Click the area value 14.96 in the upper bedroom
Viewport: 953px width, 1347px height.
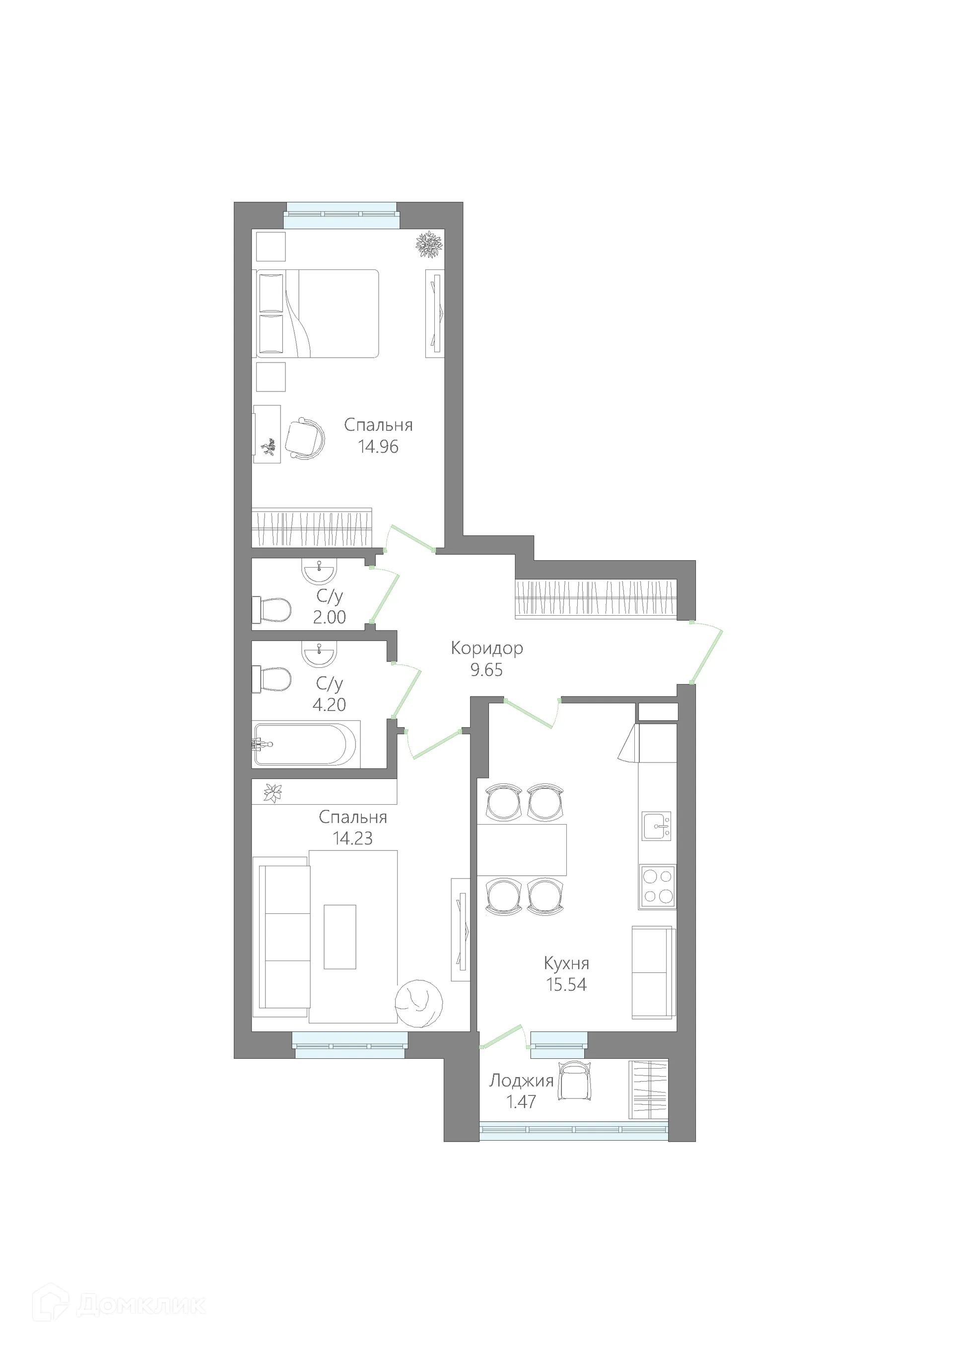pyautogui.click(x=379, y=447)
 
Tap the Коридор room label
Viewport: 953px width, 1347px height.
pyautogui.click(x=486, y=648)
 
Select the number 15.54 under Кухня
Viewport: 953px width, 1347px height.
pyautogui.click(x=566, y=984)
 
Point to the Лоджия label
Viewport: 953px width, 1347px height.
pyautogui.click(x=521, y=1080)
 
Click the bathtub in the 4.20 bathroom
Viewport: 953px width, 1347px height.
pyautogui.click(x=305, y=744)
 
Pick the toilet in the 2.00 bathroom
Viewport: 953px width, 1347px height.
pyautogui.click(x=273, y=610)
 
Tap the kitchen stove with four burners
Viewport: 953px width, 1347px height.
pyautogui.click(x=657, y=887)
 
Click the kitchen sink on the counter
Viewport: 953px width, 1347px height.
pyautogui.click(x=656, y=826)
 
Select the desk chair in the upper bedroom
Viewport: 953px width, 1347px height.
pyautogui.click(x=305, y=438)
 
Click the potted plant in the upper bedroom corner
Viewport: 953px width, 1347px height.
pyautogui.click(x=429, y=244)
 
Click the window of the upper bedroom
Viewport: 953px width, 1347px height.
pyautogui.click(x=341, y=216)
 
